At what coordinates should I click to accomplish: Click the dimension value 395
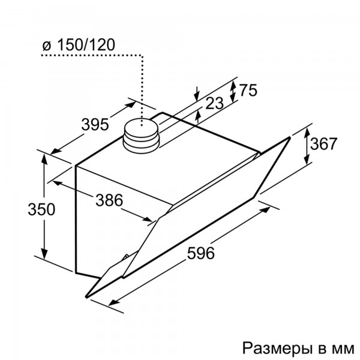95,125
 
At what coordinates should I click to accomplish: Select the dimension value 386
109,200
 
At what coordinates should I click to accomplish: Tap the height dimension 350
41,209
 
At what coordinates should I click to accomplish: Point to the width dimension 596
201,253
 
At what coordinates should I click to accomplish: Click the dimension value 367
324,144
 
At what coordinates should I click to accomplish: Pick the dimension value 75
248,90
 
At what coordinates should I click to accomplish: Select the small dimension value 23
214,103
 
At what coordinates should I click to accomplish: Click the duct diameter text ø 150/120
79,45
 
